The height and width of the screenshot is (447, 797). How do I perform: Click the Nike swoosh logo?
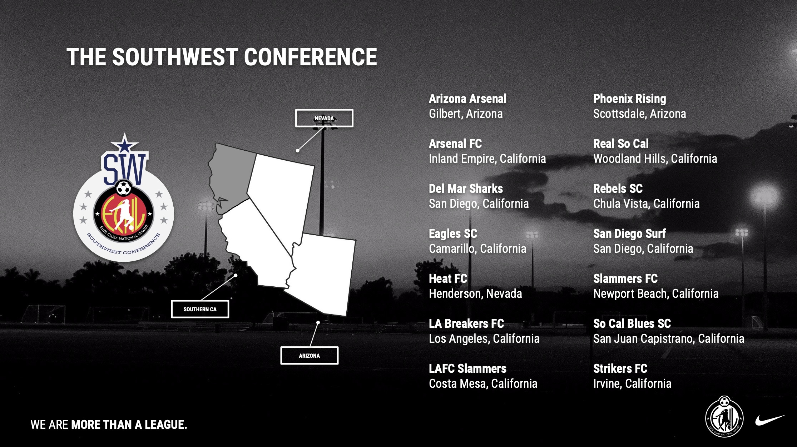coord(770,420)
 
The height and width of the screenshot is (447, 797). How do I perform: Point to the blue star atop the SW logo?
coord(124,143)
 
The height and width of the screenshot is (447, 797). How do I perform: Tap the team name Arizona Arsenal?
coord(467,99)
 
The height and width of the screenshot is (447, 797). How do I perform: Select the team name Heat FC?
coord(448,278)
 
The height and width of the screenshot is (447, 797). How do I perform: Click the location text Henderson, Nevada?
coord(475,293)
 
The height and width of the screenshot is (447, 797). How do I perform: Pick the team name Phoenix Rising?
coord(630,99)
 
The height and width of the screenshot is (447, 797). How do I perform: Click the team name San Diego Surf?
coord(629,234)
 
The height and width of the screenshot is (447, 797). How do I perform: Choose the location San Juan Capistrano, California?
coord(669,338)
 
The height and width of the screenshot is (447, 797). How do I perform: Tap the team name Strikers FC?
coord(620,368)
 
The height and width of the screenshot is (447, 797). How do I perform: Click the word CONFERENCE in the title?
coord(310,57)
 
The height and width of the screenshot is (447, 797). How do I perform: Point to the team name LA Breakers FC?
coord(466,323)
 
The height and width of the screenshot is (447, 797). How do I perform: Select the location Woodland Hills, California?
coord(655,159)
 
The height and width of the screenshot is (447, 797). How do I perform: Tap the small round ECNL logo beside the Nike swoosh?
coord(724,417)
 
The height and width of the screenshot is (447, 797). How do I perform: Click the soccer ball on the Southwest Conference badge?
coord(124,188)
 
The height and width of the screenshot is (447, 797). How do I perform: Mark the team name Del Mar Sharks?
coord(466,189)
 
